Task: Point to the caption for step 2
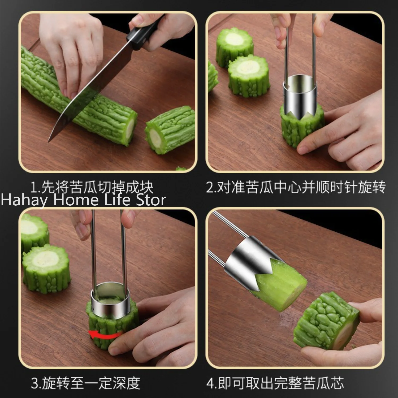tap(296, 187)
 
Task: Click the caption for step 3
tap(85, 383)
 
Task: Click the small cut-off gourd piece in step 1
tap(170, 130)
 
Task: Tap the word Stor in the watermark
tap(151, 200)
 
